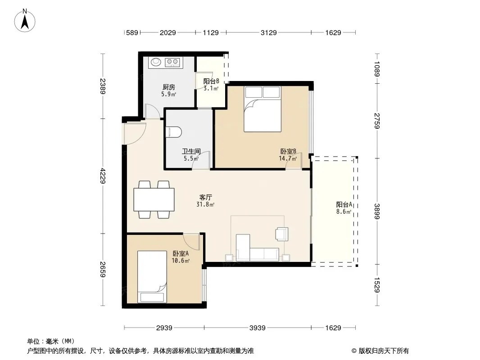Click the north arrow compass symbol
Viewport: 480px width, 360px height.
point(25,21)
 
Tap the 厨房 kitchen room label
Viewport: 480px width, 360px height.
point(169,87)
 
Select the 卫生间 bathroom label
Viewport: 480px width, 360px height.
point(191,151)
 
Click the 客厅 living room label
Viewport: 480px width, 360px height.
point(205,197)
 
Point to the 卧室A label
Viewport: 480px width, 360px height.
point(181,253)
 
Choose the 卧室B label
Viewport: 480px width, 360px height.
point(288,151)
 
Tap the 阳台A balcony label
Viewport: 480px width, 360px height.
point(344,205)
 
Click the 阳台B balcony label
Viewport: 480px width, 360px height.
point(211,81)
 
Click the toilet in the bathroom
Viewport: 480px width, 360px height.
point(173,132)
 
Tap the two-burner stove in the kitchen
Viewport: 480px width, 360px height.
point(172,63)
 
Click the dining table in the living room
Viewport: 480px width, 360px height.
point(154,199)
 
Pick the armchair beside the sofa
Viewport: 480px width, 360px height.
point(281,234)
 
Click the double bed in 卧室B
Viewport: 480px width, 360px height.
point(263,109)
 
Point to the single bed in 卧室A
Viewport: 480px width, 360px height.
point(152,277)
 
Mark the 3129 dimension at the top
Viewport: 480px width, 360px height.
point(268,32)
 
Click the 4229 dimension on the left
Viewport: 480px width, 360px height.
point(103,176)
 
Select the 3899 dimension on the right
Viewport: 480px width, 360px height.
point(377,211)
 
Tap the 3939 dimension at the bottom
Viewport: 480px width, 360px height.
point(257,328)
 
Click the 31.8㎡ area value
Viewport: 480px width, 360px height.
point(205,204)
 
